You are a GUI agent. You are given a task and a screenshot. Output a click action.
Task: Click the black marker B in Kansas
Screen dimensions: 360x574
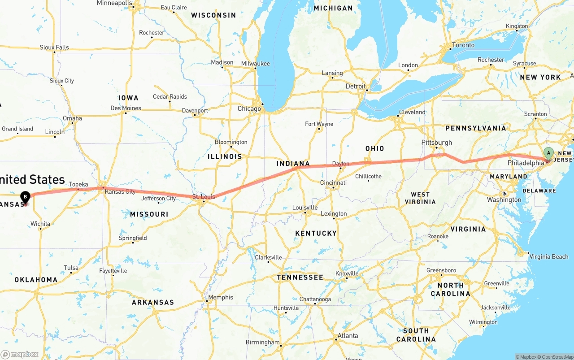26,196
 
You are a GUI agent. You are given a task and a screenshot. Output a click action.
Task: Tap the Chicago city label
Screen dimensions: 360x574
249,108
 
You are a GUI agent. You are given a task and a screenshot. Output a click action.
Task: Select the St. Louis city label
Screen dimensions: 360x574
204,197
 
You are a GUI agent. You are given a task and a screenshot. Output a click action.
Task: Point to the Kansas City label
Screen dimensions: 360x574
120,192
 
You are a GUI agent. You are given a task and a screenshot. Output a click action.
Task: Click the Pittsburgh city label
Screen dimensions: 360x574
437,143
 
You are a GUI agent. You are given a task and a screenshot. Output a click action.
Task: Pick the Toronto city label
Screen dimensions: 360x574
463,45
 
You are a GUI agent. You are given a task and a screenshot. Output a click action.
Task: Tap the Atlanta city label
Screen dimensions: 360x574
348,336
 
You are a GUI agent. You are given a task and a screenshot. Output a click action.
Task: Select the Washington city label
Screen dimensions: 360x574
504,200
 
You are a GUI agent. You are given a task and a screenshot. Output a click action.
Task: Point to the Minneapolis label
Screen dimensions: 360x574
115,3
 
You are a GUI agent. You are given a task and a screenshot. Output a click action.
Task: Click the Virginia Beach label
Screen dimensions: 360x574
549,257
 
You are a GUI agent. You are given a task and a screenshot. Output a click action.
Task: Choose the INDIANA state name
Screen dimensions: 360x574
293,164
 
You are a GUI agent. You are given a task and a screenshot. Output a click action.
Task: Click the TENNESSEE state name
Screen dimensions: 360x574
300,278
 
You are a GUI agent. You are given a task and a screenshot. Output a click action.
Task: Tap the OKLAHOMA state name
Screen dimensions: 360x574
36,280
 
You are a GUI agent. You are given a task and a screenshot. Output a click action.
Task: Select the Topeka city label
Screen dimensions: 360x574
78,184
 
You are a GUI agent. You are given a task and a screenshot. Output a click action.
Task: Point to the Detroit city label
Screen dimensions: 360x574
356,86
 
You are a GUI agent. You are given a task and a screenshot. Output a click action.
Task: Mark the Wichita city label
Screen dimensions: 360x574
40,224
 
